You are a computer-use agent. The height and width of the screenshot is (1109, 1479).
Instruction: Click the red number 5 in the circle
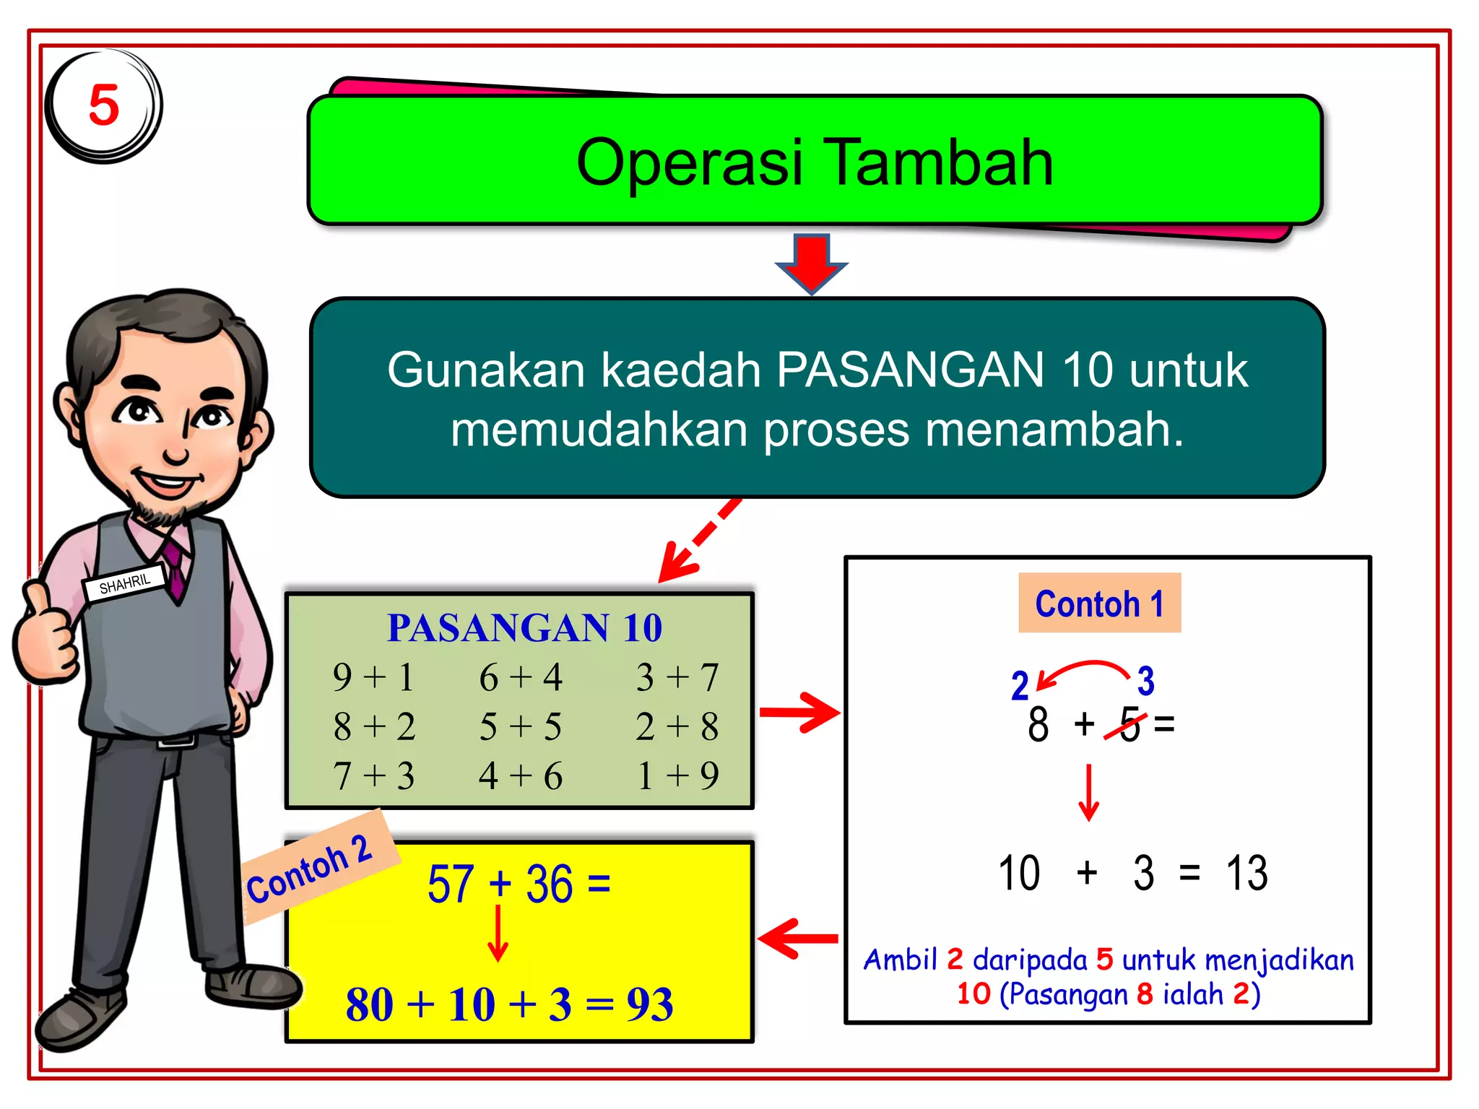103,105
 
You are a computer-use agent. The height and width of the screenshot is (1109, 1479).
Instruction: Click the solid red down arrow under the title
812,261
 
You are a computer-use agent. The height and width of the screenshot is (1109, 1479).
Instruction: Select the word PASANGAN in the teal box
910,370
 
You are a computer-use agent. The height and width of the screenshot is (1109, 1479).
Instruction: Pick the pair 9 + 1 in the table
373,677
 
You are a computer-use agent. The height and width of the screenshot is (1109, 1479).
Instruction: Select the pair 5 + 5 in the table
520,726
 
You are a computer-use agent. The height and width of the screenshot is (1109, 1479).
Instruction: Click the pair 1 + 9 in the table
677,775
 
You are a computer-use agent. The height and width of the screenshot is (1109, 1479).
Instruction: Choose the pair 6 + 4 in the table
520,677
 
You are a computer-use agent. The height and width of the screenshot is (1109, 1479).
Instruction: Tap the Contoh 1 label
1099,604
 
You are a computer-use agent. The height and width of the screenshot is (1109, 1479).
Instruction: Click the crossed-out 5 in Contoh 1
1129,724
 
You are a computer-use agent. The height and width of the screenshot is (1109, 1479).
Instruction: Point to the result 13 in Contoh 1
1246,873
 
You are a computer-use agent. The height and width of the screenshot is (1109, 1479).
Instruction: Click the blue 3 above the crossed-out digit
1145,681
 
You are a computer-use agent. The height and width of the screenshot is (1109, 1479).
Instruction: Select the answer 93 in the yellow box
649,1004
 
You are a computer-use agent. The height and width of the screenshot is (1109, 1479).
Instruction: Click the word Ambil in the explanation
900,960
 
